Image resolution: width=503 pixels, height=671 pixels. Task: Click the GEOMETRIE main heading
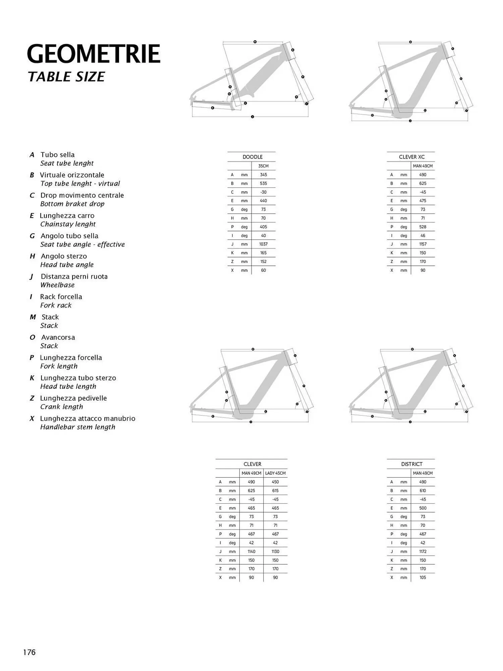[94, 54]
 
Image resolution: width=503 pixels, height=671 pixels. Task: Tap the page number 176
[29, 652]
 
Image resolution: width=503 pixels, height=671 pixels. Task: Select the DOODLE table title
[253, 157]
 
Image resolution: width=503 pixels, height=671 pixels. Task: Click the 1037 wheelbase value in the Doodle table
[263, 244]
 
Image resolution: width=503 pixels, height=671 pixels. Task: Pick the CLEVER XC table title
[411, 157]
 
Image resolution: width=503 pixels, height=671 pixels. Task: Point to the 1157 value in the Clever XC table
[423, 244]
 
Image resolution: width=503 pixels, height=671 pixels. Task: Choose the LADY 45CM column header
[275, 473]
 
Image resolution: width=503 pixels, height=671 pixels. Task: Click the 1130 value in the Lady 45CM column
[275, 552]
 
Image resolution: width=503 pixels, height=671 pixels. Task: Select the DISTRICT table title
[411, 464]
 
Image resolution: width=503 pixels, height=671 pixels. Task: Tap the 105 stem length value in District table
[423, 577]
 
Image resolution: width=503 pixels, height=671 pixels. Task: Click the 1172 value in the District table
[423, 552]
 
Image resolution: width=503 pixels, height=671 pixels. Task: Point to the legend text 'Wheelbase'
[57, 285]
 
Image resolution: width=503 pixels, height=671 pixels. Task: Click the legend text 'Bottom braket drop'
[72, 204]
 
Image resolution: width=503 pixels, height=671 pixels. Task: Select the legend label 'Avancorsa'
[58, 338]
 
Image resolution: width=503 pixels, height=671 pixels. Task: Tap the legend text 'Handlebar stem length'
[78, 427]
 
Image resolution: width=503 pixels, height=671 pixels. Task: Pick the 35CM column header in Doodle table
[263, 166]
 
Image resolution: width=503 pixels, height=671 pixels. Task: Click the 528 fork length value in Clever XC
[423, 227]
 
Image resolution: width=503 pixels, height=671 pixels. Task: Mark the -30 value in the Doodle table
[263, 192]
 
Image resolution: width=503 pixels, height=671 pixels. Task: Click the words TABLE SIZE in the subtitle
[66, 77]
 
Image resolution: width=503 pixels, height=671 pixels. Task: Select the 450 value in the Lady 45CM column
[275, 482]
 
